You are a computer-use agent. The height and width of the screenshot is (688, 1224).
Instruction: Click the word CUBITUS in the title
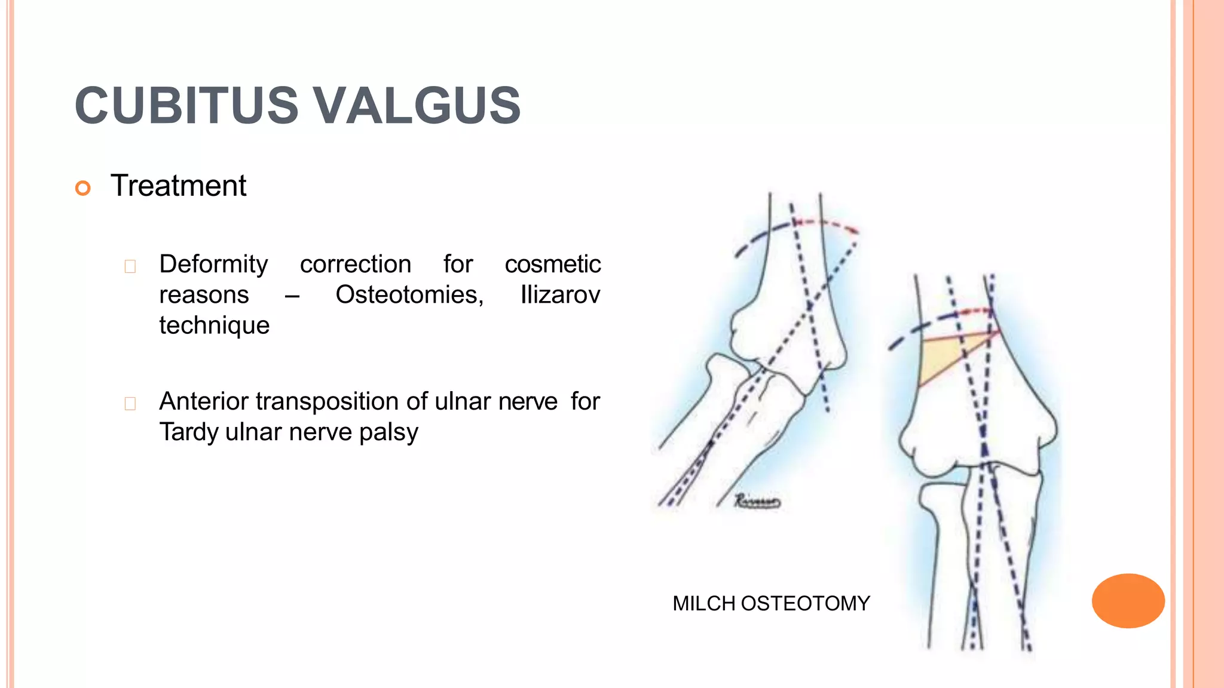(186, 106)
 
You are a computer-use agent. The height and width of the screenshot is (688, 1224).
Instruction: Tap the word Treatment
(178, 186)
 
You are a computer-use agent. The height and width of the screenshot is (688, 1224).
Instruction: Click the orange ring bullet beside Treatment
(83, 188)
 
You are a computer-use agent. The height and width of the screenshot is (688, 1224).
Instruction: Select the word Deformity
(213, 264)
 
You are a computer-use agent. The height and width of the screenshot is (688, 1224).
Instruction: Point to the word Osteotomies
(409, 294)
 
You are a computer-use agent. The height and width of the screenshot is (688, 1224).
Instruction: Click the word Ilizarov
(559, 294)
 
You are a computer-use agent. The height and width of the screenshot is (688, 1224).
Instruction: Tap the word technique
(214, 325)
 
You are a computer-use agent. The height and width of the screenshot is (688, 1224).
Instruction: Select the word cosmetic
(552, 264)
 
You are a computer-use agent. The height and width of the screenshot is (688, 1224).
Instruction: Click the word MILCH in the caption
(703, 603)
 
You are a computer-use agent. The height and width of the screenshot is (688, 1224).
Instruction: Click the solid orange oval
(1128, 600)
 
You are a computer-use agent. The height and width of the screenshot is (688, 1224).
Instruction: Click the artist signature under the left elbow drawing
(757, 501)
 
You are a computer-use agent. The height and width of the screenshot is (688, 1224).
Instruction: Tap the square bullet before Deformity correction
(130, 266)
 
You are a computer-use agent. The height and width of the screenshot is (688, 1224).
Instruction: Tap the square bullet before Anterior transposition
(130, 404)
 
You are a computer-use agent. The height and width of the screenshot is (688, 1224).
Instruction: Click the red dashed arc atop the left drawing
(828, 225)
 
